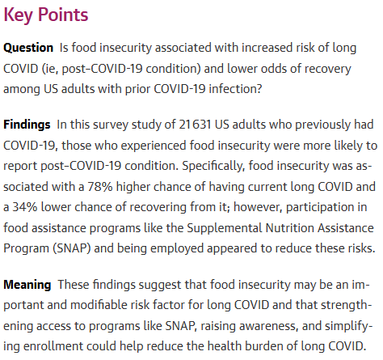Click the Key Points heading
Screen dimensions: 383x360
[x=46, y=15]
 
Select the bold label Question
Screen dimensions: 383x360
[x=28, y=48]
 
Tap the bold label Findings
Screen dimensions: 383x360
[x=27, y=125]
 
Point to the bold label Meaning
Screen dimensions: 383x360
[x=27, y=285]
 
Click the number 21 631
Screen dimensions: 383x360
[x=195, y=125]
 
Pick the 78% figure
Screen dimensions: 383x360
[x=100, y=187]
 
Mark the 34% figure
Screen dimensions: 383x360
[x=25, y=207]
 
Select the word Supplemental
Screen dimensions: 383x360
[x=225, y=228]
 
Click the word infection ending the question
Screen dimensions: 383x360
[x=235, y=89]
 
